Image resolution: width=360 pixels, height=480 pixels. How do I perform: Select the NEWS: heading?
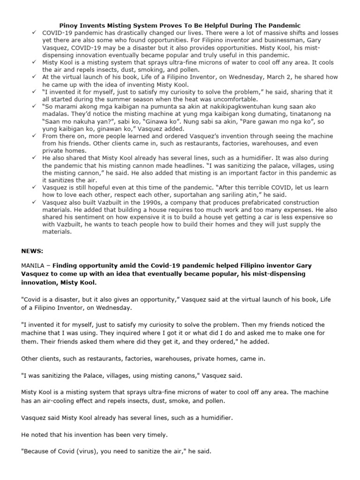point(31,251)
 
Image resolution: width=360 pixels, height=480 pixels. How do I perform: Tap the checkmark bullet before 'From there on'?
point(34,135)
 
